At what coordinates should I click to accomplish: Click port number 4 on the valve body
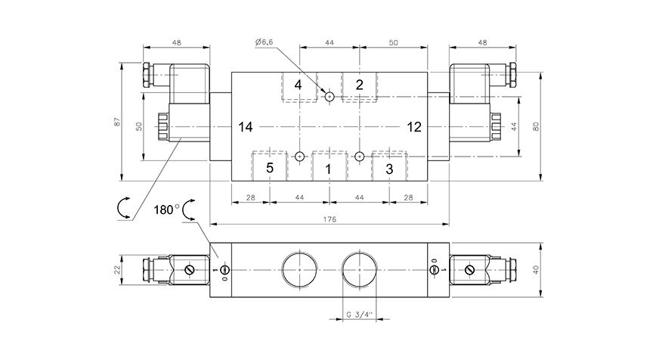(298, 85)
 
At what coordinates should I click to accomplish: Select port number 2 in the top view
(360, 84)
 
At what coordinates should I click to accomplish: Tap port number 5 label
(270, 168)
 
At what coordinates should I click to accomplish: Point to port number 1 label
(328, 169)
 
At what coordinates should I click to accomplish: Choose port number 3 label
(389, 169)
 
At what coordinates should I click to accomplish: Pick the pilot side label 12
(413, 126)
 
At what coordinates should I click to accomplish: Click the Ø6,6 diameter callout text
(264, 43)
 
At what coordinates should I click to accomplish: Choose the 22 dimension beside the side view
(117, 270)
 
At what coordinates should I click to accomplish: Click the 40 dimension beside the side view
(536, 270)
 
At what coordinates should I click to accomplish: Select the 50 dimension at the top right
(394, 44)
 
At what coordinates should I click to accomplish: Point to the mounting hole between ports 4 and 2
(330, 96)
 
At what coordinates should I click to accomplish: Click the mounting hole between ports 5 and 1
(300, 157)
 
